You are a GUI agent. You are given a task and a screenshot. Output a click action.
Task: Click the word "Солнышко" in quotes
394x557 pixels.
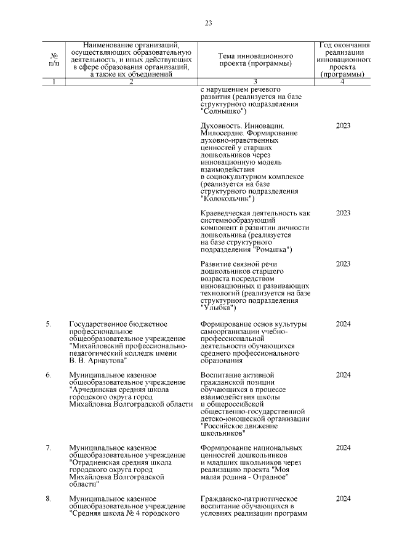[223, 111]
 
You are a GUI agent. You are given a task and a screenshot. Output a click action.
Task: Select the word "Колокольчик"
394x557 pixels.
[227, 199]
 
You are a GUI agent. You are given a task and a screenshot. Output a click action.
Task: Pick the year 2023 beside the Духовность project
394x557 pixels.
[343, 126]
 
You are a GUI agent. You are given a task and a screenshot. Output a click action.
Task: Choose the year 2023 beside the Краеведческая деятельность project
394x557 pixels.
[343, 213]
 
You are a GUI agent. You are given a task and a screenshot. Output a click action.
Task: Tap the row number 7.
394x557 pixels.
[49, 447]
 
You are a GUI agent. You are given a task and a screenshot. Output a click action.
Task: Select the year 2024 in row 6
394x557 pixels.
[343, 375]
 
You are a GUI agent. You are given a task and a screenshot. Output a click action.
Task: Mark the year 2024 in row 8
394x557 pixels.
[343, 498]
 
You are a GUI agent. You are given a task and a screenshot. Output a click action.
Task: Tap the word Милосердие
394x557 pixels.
[225, 133]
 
